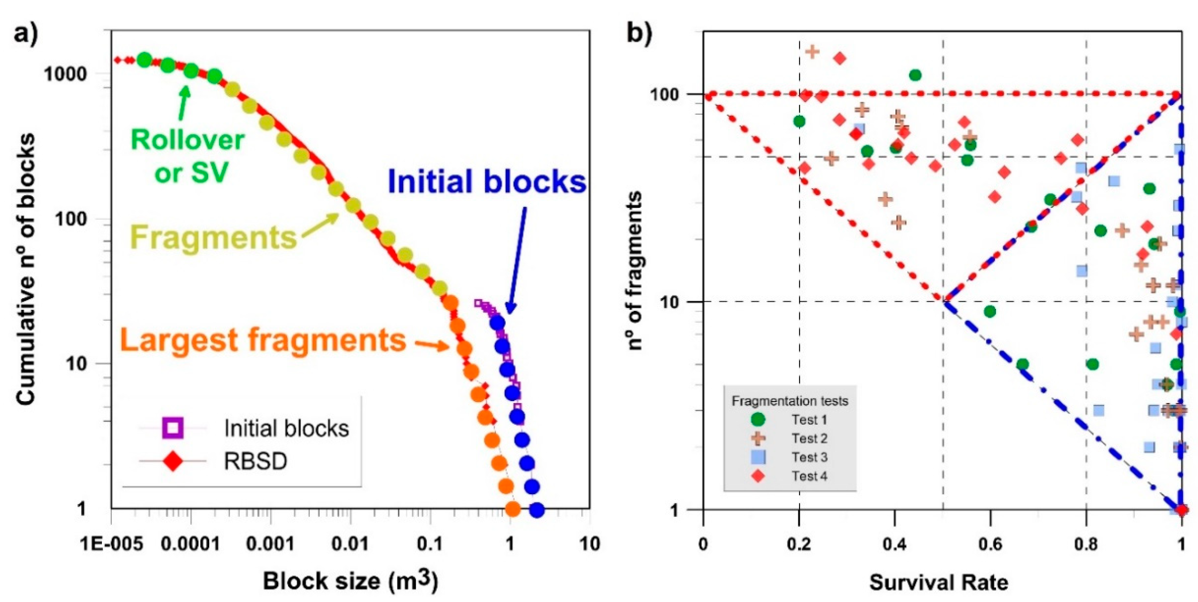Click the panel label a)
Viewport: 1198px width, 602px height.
[x=26, y=33]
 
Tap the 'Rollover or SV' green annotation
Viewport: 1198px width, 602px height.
[x=188, y=156]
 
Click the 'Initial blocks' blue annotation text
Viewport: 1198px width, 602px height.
[x=486, y=181]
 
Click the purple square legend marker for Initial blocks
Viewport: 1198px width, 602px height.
[x=173, y=428]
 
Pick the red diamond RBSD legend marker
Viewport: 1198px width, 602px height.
[x=173, y=461]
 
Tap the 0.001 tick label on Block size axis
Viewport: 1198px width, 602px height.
[x=272, y=543]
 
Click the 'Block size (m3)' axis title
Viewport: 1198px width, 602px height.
[x=350, y=581]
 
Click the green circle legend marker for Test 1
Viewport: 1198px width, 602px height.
[x=758, y=419]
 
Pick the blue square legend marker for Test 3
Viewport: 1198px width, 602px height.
[x=758, y=457]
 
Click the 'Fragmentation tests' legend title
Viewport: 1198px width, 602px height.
[x=790, y=401]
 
